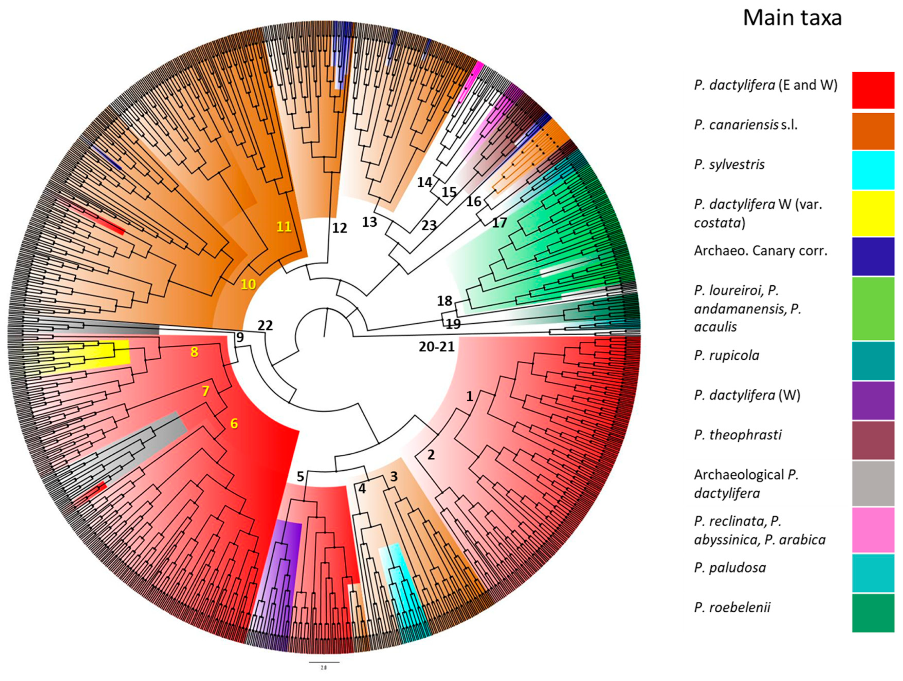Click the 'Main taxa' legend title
pyautogui.click(x=792, y=18)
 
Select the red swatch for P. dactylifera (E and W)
pyautogui.click(x=873, y=90)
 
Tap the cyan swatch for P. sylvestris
pyautogui.click(x=873, y=170)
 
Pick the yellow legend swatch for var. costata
pyautogui.click(x=873, y=213)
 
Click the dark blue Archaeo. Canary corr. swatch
pyautogui.click(x=873, y=256)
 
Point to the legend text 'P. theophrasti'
pyautogui.click(x=738, y=435)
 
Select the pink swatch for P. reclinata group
pyautogui.click(x=873, y=530)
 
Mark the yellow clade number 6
pyautogui.click(x=234, y=424)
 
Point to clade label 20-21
pyautogui.click(x=436, y=347)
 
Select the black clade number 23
pyautogui.click(x=429, y=225)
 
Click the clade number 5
pyautogui.click(x=300, y=476)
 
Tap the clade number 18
pyautogui.click(x=445, y=301)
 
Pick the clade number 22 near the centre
pyautogui.click(x=265, y=325)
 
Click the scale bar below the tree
pyautogui.click(x=323, y=662)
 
